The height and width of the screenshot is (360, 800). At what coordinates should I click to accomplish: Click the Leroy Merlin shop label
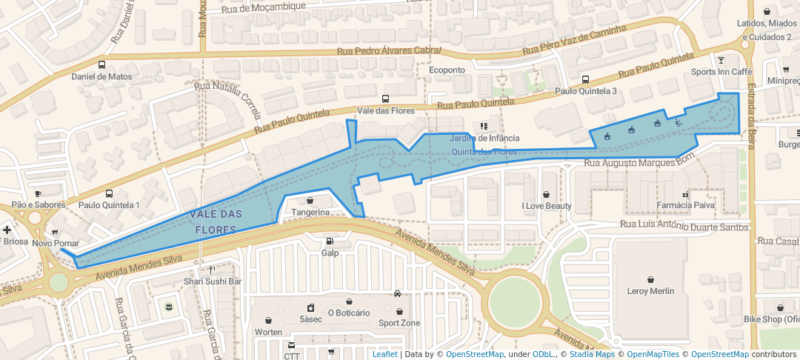click(x=650, y=291)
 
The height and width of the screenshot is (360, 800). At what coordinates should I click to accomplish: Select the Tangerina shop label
click(x=310, y=212)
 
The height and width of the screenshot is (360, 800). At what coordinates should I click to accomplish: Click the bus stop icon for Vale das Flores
click(x=385, y=99)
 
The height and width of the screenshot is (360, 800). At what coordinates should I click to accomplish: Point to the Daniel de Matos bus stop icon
click(x=101, y=64)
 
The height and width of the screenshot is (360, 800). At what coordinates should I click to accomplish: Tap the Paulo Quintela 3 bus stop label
click(x=586, y=91)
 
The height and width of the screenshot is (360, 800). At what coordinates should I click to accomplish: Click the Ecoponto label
click(x=447, y=70)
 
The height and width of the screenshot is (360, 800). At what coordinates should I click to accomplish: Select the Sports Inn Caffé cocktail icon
click(x=721, y=59)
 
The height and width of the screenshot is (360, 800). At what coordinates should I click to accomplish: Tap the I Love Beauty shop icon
click(x=547, y=194)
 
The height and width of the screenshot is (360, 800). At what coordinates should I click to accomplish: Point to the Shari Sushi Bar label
click(x=213, y=281)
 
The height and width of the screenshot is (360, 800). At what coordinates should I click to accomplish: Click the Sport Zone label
click(x=399, y=323)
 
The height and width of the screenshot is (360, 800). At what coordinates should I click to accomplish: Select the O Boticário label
click(x=348, y=313)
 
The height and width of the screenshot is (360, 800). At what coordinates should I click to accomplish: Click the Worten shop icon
click(x=267, y=320)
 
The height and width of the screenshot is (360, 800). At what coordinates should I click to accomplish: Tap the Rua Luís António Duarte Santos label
click(x=684, y=227)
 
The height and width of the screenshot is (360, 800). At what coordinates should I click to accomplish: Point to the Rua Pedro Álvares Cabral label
click(x=388, y=51)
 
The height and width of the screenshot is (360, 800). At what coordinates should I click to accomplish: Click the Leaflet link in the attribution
click(x=384, y=354)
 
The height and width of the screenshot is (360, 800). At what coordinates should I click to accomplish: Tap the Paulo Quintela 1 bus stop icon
click(x=110, y=193)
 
